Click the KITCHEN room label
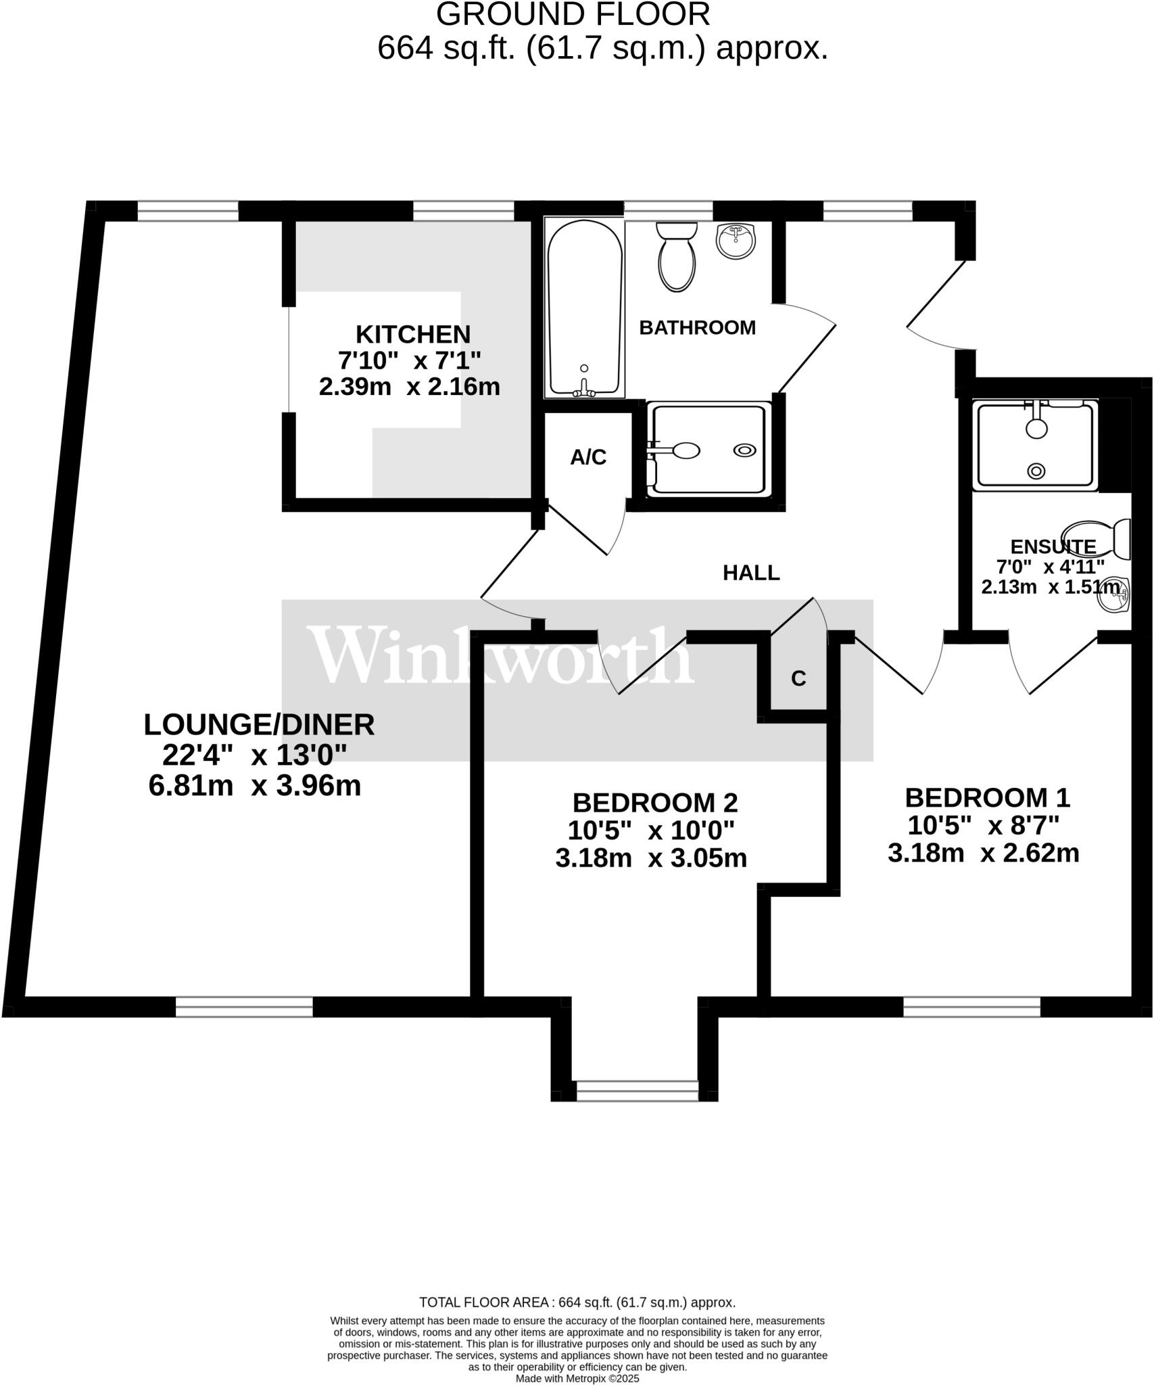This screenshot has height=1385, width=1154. (412, 334)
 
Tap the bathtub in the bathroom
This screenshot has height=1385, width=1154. (584, 308)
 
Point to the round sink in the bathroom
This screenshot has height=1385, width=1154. (736, 241)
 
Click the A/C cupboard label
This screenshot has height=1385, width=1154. (588, 458)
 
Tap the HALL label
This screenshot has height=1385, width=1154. (751, 573)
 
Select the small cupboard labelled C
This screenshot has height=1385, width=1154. (798, 678)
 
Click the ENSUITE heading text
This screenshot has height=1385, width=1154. (1053, 546)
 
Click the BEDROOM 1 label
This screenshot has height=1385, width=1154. (987, 798)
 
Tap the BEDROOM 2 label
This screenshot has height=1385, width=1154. (654, 803)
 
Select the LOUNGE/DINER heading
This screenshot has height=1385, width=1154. (259, 724)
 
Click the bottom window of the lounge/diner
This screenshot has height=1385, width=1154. (244, 1006)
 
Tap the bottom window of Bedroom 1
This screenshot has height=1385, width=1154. (971, 1006)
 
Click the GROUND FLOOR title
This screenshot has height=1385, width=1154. (573, 14)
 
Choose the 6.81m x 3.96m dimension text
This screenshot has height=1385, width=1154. (254, 786)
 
